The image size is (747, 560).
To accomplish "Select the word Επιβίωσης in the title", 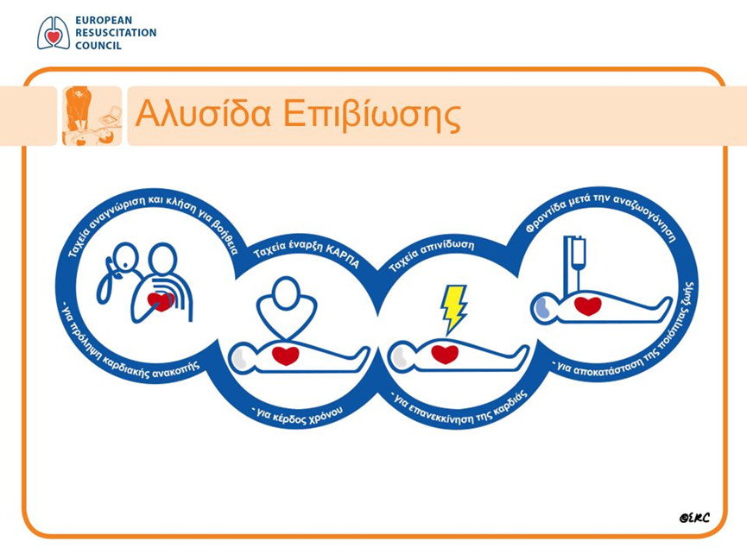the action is pyautogui.click(x=372, y=116).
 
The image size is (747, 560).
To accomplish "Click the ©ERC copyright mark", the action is pyautogui.click(x=694, y=518).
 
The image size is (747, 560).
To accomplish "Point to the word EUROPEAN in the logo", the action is pyautogui.click(x=104, y=21).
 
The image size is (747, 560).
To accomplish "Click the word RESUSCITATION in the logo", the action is pyautogui.click(x=116, y=33).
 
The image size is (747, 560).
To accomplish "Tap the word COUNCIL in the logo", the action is pyautogui.click(x=98, y=46).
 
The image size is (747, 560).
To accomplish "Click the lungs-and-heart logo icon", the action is pyautogui.click(x=54, y=33).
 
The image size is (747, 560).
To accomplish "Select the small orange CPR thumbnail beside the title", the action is pyautogui.click(x=92, y=116).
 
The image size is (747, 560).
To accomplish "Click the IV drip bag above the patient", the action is pyautogui.click(x=579, y=253).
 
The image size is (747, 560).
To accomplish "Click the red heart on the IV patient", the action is pyautogui.click(x=588, y=305).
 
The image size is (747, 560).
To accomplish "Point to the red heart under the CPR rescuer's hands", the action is pyautogui.click(x=286, y=356).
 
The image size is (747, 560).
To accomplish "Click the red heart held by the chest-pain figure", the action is pyautogui.click(x=161, y=301).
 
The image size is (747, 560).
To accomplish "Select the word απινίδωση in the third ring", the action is pyautogui.click(x=449, y=247).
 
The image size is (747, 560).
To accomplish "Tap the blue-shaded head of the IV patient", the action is pyautogui.click(x=541, y=308).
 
